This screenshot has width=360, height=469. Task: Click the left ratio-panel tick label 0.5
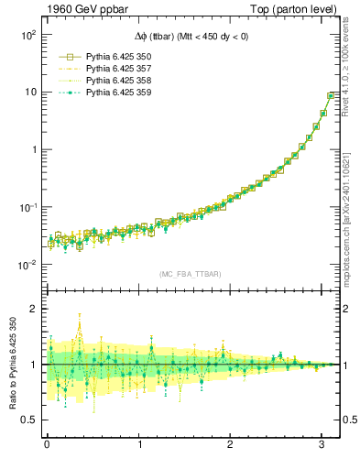pos(28,420)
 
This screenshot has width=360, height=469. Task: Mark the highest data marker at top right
pos(332,95)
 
